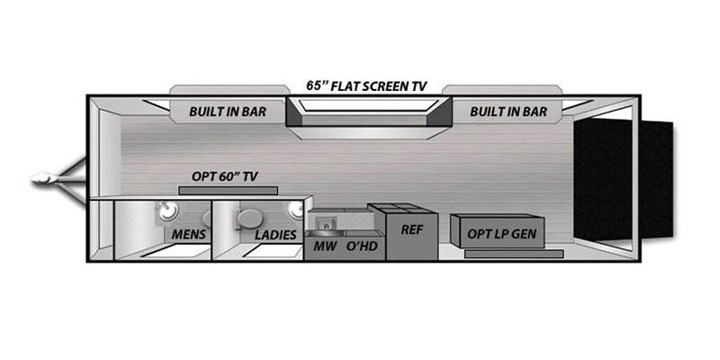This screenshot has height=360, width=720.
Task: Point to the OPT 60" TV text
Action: point(225,176)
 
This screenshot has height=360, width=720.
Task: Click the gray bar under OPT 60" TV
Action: point(228,191)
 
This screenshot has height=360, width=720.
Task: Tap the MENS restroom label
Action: point(189,235)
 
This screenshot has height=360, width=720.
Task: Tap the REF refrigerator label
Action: point(411,230)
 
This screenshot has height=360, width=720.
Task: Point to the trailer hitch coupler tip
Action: point(39,180)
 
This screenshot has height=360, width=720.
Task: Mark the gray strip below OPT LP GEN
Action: point(514,254)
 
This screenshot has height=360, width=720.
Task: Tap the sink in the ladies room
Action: point(294,211)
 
